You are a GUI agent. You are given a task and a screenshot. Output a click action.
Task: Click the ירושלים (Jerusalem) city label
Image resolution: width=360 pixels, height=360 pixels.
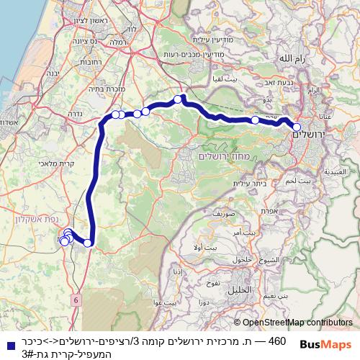click(x=311, y=135)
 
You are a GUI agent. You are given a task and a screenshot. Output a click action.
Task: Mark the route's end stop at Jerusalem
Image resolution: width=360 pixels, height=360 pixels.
click(x=297, y=127)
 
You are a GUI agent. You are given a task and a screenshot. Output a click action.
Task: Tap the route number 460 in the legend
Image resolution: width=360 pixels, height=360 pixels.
click(x=277, y=339)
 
